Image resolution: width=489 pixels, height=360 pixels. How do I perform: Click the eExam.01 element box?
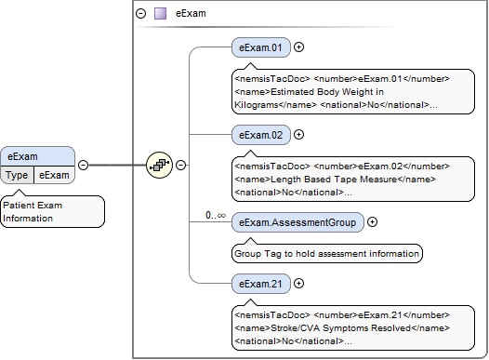261,47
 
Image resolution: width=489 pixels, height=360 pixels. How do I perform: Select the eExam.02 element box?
261,134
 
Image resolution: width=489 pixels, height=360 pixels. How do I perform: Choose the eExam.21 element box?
261,283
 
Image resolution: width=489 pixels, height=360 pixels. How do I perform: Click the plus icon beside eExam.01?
299,47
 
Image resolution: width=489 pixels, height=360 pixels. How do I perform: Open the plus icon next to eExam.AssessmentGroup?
373,221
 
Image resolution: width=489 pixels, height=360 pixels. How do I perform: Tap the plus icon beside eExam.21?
299,283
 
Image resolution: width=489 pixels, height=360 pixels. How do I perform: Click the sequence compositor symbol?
159,165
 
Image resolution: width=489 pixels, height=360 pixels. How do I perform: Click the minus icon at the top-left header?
141,14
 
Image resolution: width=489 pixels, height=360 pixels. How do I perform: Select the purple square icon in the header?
160,14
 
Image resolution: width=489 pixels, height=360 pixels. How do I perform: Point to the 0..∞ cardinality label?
216,215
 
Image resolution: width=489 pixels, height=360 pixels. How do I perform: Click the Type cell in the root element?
18,175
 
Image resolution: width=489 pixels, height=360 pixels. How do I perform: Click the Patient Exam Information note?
52,210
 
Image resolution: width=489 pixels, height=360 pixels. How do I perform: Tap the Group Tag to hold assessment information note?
326,252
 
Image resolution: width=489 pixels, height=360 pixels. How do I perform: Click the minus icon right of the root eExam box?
83,165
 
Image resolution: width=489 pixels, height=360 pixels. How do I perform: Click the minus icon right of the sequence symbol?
180,165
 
